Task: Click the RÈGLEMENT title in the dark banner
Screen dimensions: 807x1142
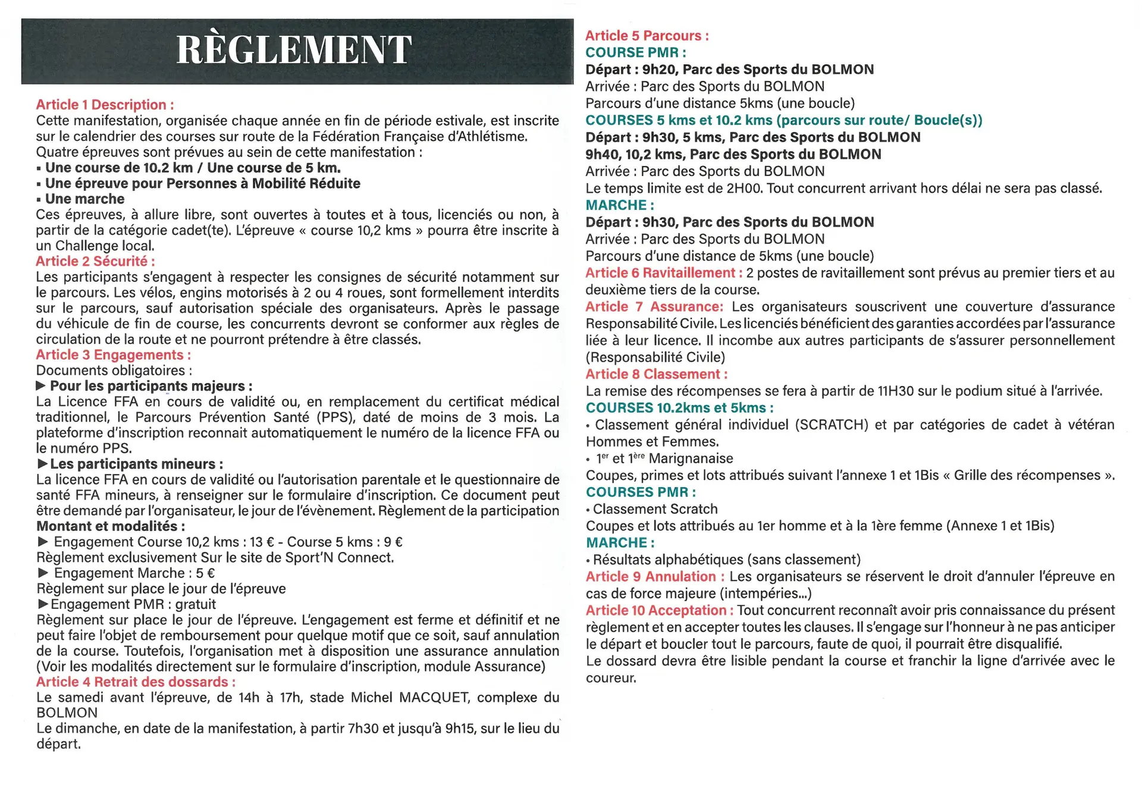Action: [x=294, y=50]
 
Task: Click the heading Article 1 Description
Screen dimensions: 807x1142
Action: [x=105, y=105]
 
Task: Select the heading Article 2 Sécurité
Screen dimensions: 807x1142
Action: [x=95, y=261]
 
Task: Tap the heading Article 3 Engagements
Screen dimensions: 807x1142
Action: [x=113, y=355]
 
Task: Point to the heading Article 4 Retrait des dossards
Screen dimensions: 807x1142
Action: [x=136, y=682]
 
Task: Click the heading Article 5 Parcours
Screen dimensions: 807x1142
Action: [x=647, y=36]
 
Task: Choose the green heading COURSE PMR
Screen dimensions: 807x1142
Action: [x=635, y=52]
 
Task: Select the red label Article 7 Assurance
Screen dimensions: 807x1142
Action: [x=654, y=307]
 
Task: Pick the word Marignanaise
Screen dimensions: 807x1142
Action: [x=691, y=459]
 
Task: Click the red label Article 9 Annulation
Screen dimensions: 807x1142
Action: [x=655, y=577]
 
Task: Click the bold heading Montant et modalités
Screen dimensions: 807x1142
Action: [x=111, y=526]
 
